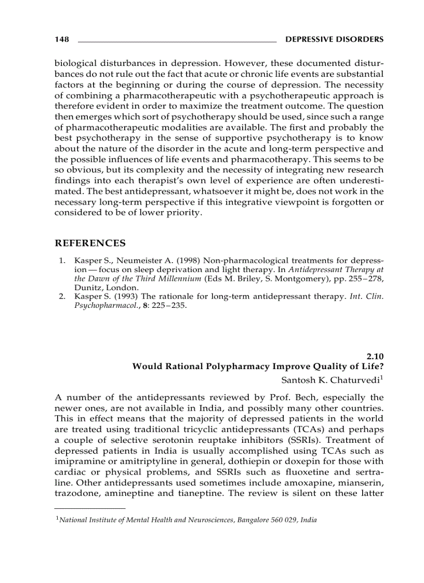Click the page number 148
(61, 39)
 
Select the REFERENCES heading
(90, 243)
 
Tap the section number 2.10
(375, 356)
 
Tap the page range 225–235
(167, 306)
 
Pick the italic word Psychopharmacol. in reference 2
(99, 306)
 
